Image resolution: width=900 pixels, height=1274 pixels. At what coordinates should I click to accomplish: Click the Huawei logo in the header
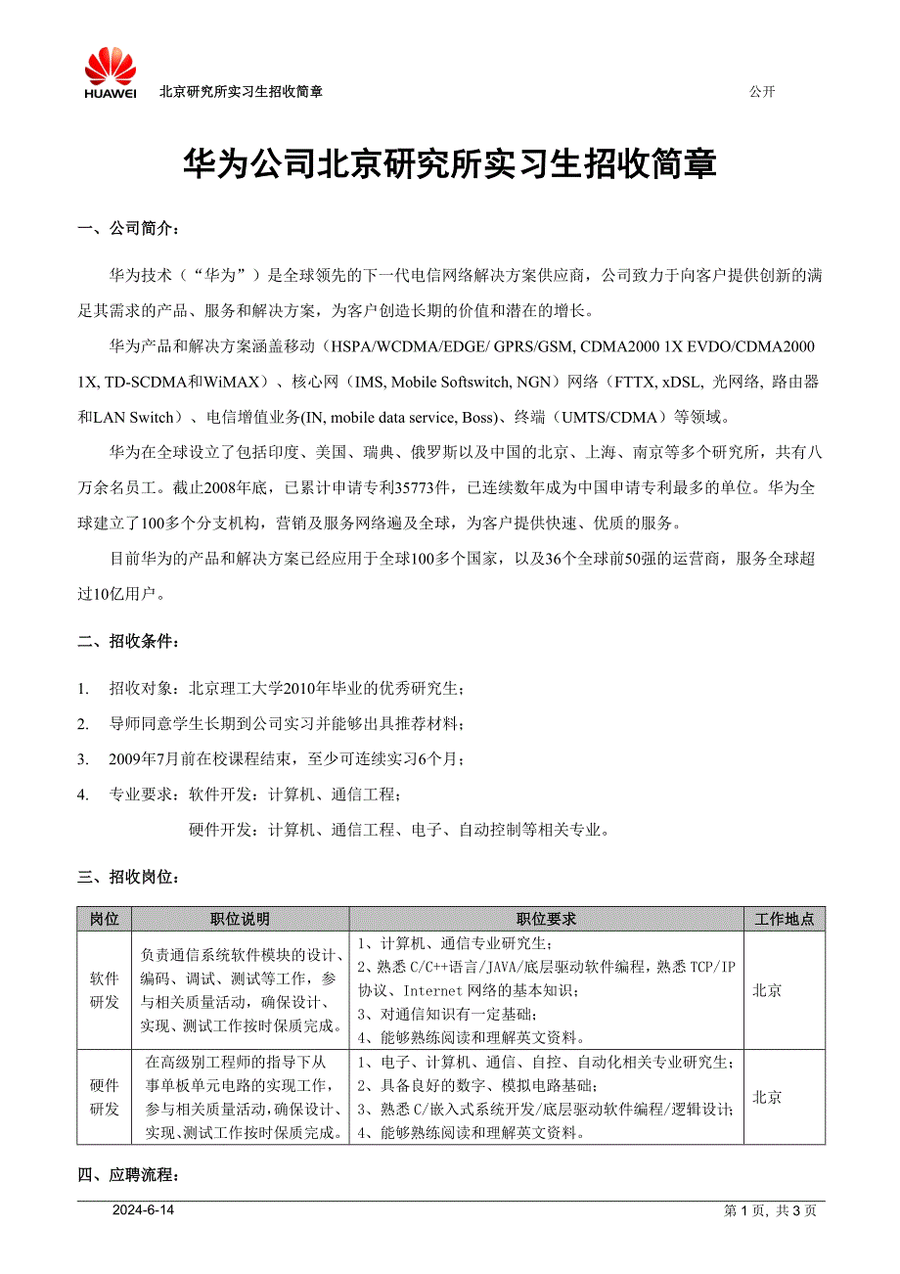point(110,74)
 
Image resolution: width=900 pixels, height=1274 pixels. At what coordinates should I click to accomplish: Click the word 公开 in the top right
point(761,92)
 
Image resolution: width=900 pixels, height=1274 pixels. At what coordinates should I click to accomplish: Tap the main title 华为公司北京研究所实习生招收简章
point(450,163)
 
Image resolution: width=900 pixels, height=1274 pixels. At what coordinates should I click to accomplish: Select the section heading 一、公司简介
point(128,229)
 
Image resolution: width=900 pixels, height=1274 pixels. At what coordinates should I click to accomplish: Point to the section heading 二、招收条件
point(128,642)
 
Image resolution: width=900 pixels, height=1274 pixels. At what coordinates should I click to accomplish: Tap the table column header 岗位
point(104,920)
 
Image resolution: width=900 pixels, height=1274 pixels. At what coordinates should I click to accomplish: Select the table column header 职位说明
point(240,920)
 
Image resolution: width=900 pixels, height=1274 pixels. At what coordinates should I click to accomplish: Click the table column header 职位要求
point(546,920)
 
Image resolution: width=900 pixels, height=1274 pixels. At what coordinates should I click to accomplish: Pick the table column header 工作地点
point(785,920)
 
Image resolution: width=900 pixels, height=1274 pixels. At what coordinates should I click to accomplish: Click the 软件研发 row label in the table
point(104,990)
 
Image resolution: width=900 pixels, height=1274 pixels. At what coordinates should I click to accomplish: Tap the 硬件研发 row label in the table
point(104,1097)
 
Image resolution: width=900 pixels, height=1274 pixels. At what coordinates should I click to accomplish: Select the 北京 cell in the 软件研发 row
point(767,990)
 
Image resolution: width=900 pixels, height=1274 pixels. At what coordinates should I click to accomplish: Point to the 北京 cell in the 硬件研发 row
point(767,1097)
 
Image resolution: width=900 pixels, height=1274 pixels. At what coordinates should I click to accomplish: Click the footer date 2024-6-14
point(143,1210)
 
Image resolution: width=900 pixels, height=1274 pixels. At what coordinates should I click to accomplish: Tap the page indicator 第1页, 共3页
point(770,1210)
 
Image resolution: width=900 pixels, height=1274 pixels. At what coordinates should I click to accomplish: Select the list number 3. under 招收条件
point(84,759)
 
